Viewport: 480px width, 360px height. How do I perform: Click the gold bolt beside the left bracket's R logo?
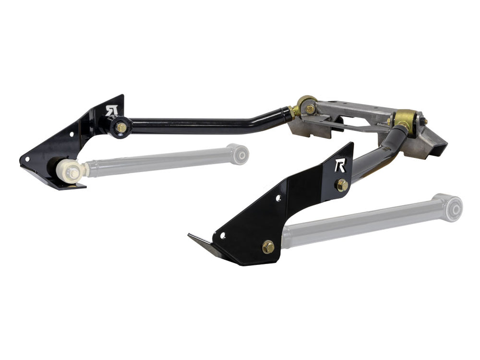pyautogui.click(x=121, y=128)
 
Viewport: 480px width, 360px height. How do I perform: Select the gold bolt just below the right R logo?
pyautogui.click(x=342, y=185)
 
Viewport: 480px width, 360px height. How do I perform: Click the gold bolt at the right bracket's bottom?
pyautogui.click(x=268, y=247)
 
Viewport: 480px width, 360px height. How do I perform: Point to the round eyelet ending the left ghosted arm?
pyautogui.click(x=240, y=154)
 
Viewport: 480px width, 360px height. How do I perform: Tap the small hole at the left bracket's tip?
pyautogui.click(x=28, y=158)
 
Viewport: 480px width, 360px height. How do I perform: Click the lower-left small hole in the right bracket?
pyautogui.click(x=222, y=235)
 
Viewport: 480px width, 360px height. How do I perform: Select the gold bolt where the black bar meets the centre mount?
pyautogui.click(x=310, y=109)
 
